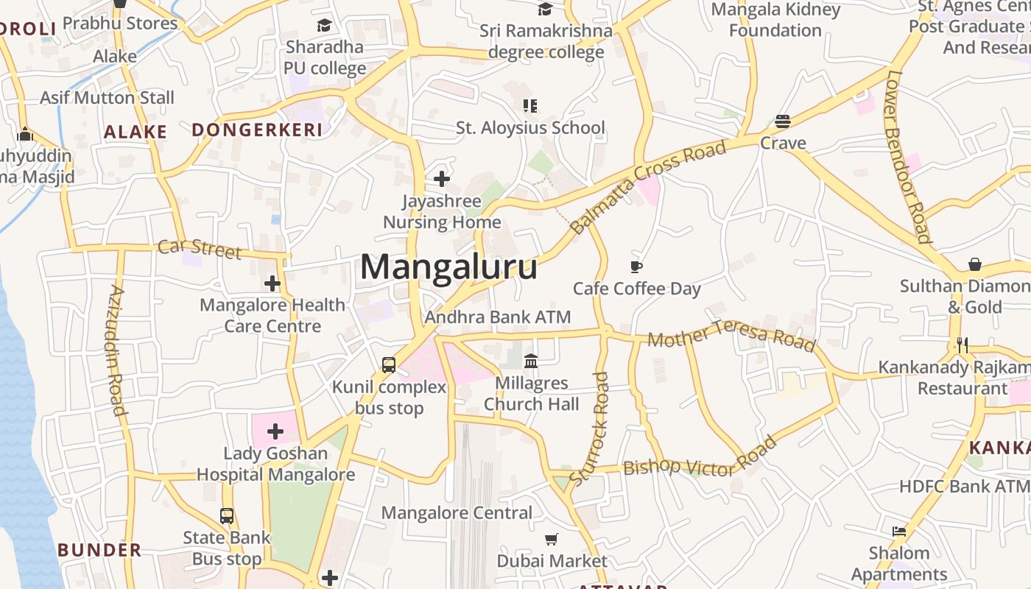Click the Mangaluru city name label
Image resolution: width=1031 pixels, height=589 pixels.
point(448,267)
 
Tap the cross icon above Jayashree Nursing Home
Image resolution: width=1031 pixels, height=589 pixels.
point(442,179)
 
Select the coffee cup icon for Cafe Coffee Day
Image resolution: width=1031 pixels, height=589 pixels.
point(637,267)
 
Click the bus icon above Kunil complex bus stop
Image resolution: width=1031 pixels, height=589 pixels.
point(389,364)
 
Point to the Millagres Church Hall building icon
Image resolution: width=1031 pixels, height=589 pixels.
point(531,361)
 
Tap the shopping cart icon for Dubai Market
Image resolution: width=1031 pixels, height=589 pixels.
point(552,539)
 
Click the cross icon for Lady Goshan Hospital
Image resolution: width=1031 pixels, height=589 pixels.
point(275,431)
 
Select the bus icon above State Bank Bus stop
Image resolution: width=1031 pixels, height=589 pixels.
point(227,516)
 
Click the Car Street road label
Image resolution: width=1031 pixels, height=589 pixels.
point(200,248)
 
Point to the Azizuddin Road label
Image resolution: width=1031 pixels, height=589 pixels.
point(117,350)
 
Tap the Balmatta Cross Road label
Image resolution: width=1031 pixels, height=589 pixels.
point(649,187)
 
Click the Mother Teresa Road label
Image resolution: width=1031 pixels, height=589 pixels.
point(731,336)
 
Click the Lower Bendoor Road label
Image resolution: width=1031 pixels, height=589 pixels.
point(908,156)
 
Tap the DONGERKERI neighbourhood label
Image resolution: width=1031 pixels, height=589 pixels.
point(257,130)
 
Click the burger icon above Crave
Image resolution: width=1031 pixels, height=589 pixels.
point(783,121)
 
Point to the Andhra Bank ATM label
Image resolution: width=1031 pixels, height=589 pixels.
point(498,317)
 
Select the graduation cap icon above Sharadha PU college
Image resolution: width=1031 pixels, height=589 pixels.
point(324,26)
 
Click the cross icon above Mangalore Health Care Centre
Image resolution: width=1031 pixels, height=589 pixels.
point(272,283)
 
